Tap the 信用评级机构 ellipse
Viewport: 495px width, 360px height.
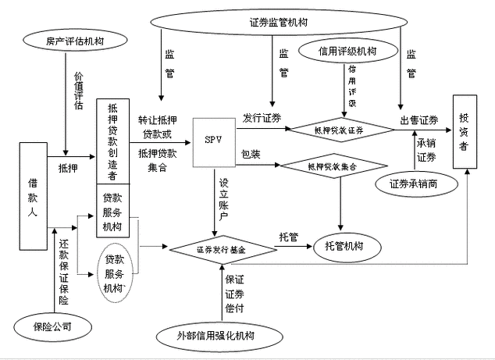point(354,52)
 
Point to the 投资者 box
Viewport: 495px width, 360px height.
point(465,131)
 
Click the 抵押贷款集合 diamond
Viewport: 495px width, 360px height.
point(333,167)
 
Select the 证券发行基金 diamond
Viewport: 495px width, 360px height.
point(223,248)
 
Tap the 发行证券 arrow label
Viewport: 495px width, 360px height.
point(262,118)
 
